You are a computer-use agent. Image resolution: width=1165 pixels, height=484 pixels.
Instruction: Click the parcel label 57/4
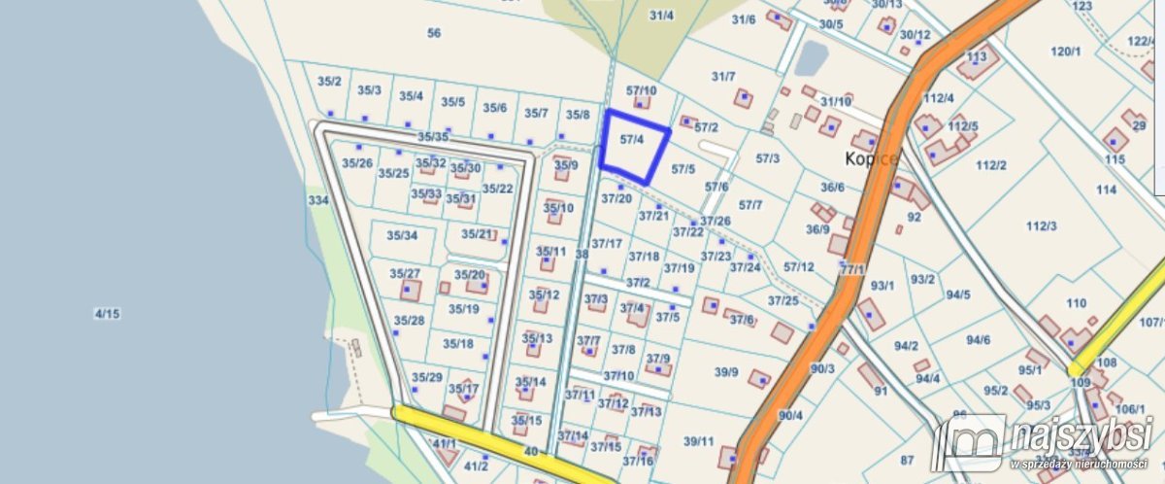632,140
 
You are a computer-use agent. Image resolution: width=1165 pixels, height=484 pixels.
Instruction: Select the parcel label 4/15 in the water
106,313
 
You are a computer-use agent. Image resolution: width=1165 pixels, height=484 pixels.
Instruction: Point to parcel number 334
318,200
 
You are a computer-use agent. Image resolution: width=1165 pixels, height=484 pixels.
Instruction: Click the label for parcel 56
434,33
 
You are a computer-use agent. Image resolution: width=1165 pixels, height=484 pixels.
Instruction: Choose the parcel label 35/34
402,236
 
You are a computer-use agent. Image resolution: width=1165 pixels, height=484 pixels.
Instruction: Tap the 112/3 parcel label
1041,226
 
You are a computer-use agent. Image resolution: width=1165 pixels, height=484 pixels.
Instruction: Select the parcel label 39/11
698,441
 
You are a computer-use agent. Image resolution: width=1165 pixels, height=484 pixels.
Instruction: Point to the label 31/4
661,16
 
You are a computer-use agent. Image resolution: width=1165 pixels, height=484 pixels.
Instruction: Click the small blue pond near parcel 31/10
810,59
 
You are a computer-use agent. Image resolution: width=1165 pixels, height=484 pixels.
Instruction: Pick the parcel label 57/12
798,266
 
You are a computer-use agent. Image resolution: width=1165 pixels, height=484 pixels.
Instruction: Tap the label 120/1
1065,52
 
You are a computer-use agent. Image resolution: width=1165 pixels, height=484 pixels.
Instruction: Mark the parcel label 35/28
409,321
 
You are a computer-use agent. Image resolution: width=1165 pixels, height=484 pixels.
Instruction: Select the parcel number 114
1106,190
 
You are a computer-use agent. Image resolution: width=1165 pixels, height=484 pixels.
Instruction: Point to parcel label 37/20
616,198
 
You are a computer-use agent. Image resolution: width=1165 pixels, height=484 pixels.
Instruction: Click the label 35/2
329,82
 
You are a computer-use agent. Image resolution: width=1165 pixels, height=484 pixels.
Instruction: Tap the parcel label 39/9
726,372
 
